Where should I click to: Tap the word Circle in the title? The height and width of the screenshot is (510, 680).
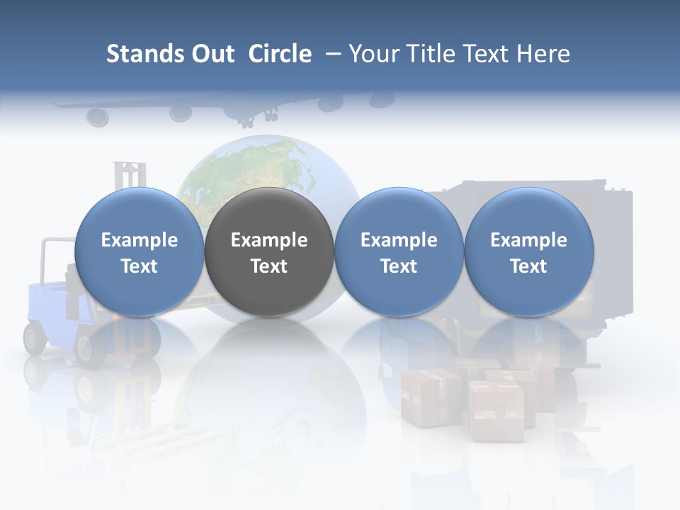[280, 54]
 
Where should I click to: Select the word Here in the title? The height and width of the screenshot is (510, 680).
[544, 54]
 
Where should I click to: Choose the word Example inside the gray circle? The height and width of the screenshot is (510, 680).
[269, 240]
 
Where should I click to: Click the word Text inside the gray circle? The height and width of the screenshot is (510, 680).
[269, 266]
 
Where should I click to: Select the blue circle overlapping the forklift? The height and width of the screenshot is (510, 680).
[140, 251]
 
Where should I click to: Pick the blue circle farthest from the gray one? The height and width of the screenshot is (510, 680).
[529, 251]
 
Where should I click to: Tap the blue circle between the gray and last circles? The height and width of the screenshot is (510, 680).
[399, 251]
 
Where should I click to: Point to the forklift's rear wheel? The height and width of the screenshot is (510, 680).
[35, 338]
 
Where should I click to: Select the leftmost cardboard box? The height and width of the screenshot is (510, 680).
[431, 397]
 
